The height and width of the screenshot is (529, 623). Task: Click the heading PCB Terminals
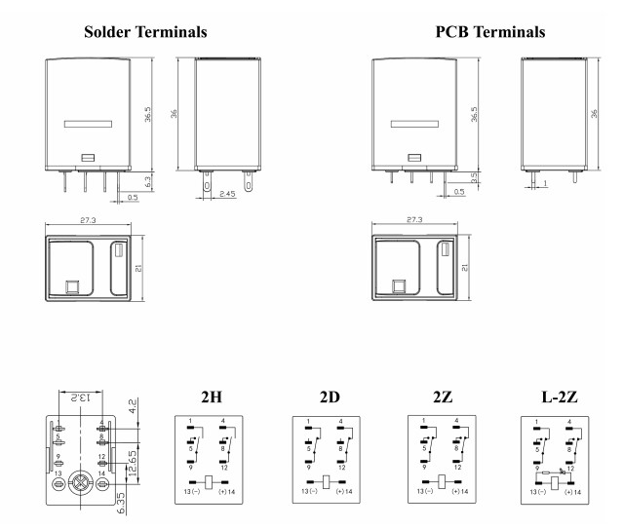tap(489, 32)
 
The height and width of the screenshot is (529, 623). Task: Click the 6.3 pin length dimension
tap(147, 180)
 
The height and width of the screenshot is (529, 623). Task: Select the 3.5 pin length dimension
tap(475, 178)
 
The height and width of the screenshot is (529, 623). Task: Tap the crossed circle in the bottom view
tap(81, 483)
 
